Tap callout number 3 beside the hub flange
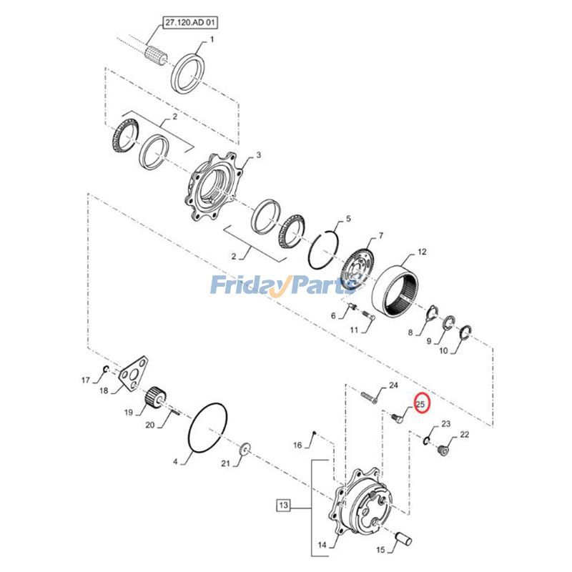259,155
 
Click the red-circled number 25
420,405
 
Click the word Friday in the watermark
245,286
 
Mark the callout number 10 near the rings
443,351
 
